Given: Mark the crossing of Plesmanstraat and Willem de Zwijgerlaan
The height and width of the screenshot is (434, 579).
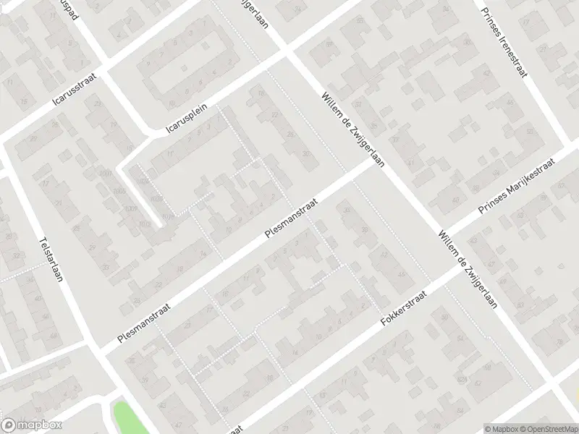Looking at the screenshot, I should [373, 165].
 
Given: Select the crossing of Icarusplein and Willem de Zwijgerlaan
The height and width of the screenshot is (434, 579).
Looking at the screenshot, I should [284, 54].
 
